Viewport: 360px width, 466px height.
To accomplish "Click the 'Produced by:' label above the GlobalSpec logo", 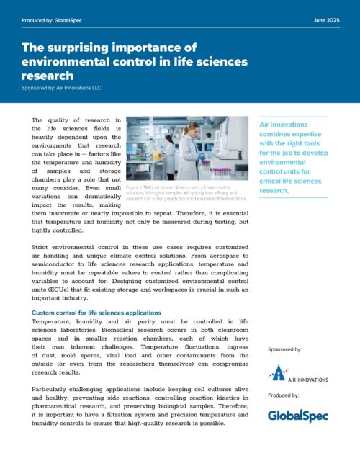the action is point(282,396).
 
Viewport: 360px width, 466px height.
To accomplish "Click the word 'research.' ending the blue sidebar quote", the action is point(273,171).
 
